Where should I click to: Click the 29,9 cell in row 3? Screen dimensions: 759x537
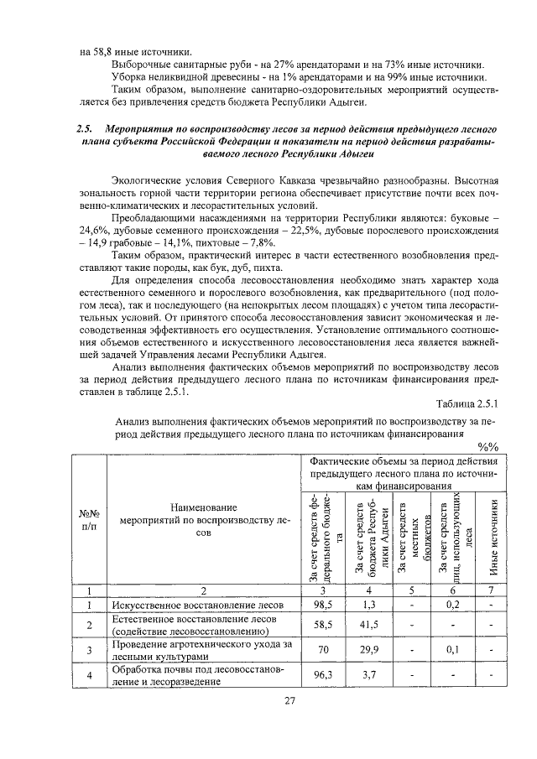click(367, 650)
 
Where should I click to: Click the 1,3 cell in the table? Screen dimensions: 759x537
click(367, 604)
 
